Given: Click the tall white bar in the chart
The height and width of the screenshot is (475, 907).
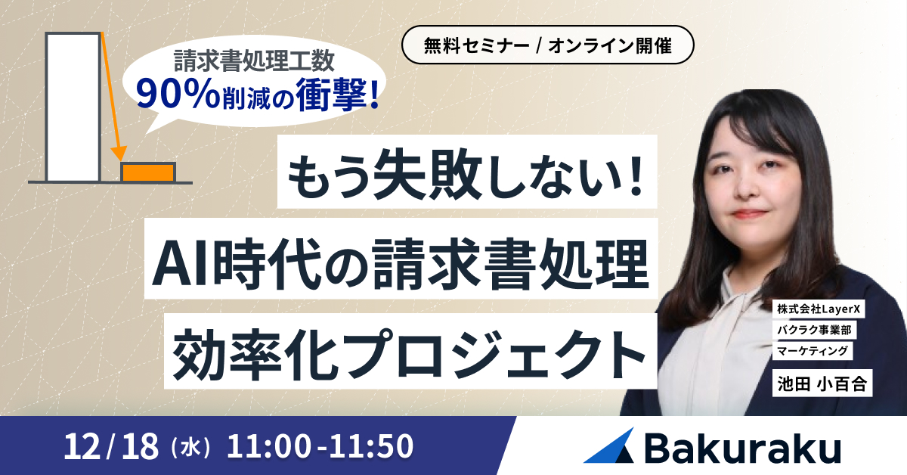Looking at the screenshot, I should pyautogui.click(x=73, y=107).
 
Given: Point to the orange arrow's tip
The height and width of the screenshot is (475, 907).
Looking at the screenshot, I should pyautogui.click(x=119, y=159).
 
